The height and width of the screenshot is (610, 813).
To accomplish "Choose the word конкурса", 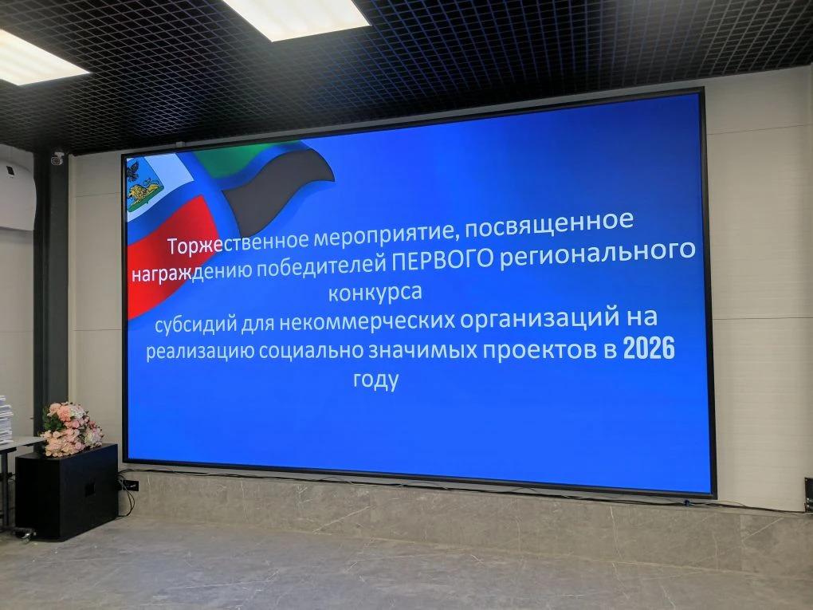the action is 375,293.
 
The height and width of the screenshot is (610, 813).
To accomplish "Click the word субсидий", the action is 195,325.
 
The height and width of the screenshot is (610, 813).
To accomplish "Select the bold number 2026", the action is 649,348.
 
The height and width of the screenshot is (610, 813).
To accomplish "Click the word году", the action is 376,380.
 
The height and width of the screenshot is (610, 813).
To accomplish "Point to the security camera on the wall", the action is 57,158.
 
